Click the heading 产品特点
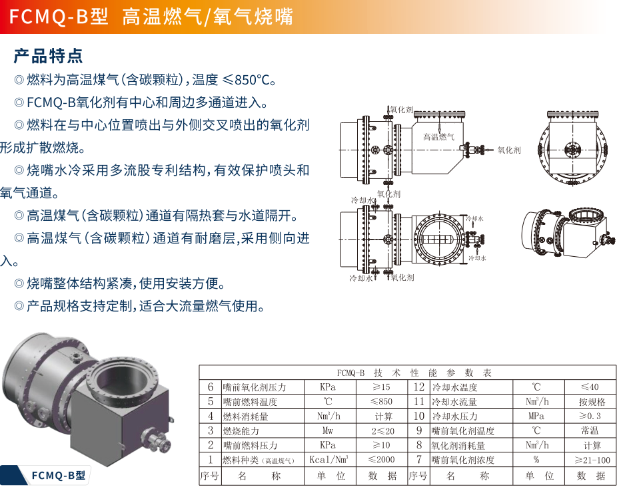(48, 56)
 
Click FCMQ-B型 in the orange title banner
(59, 17)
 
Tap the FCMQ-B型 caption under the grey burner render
(58, 475)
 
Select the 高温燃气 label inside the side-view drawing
(438, 136)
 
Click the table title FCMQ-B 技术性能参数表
(414, 373)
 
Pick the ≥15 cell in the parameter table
(381, 387)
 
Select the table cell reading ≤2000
(381, 459)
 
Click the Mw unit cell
(328, 430)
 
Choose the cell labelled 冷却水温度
(454, 387)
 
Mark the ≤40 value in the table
(590, 387)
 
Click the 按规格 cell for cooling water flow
(592, 401)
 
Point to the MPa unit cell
(536, 416)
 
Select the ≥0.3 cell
(590, 416)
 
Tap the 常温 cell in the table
(590, 430)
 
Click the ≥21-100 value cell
(592, 460)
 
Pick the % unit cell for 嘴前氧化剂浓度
(536, 459)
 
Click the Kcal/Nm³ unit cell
(328, 459)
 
